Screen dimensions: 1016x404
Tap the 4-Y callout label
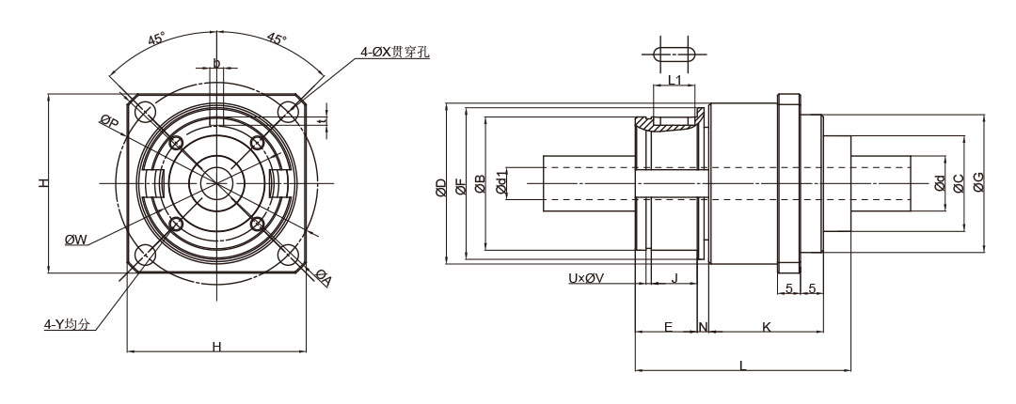pyautogui.click(x=66, y=324)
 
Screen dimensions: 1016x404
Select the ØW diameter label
pyautogui.click(x=76, y=240)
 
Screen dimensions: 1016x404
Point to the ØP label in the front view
pyautogui.click(x=109, y=120)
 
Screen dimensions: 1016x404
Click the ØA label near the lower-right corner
pyautogui.click(x=324, y=277)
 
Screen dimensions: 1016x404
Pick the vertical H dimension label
pyautogui.click(x=43, y=183)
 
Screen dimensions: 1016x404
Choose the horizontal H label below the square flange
pyautogui.click(x=217, y=347)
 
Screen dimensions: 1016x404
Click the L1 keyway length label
pyautogui.click(x=675, y=80)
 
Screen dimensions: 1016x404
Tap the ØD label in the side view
pyautogui.click(x=441, y=187)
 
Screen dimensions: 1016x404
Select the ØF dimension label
pyautogui.click(x=461, y=187)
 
